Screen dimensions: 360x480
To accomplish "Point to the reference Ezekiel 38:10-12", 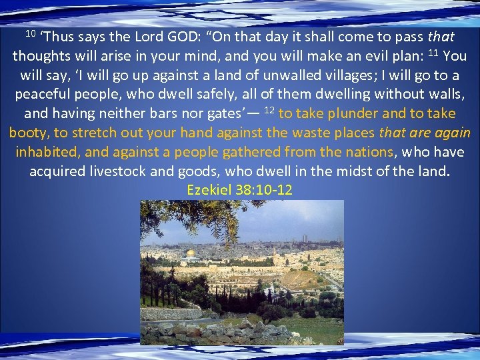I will tap(240, 190).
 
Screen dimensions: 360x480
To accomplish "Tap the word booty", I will tap(28, 133).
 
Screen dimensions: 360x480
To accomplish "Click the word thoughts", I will tap(44, 55).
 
